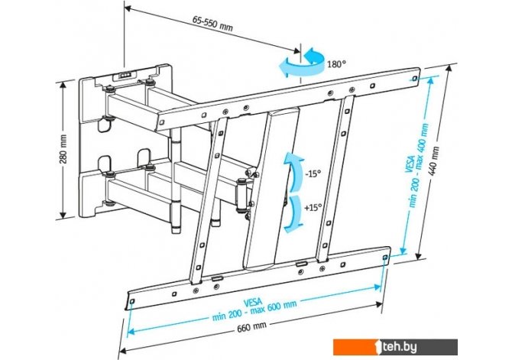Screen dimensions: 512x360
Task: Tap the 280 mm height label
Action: coord(63,149)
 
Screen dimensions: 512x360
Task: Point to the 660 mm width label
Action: coord(251,326)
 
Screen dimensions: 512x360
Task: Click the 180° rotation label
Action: coord(336,64)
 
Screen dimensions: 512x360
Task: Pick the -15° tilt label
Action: coord(313,174)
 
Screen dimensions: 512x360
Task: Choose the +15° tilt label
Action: coord(313,207)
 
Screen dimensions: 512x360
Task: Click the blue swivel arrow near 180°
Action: coord(301,63)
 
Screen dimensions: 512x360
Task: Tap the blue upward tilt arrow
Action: coord(293,171)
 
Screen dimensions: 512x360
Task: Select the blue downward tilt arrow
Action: coord(293,214)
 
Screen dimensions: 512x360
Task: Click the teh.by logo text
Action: coord(400,347)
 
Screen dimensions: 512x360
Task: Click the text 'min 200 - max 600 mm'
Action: coord(254,310)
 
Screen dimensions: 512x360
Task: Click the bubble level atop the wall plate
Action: coord(124,75)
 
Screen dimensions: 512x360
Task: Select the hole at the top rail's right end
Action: coord(414,79)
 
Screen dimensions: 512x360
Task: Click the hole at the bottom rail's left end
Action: coord(131,301)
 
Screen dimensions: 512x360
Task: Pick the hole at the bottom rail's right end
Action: coord(385,258)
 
